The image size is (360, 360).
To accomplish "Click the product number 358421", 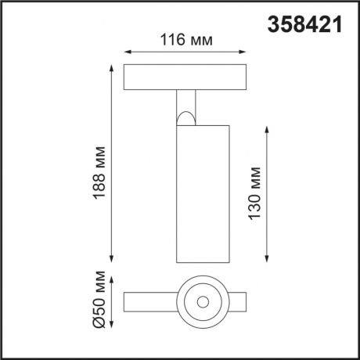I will pos(306,25).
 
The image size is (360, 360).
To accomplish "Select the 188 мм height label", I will pos(99,168).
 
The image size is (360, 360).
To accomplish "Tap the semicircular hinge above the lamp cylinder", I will pos(186,117).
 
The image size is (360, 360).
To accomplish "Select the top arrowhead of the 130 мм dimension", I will pos(268,127).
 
